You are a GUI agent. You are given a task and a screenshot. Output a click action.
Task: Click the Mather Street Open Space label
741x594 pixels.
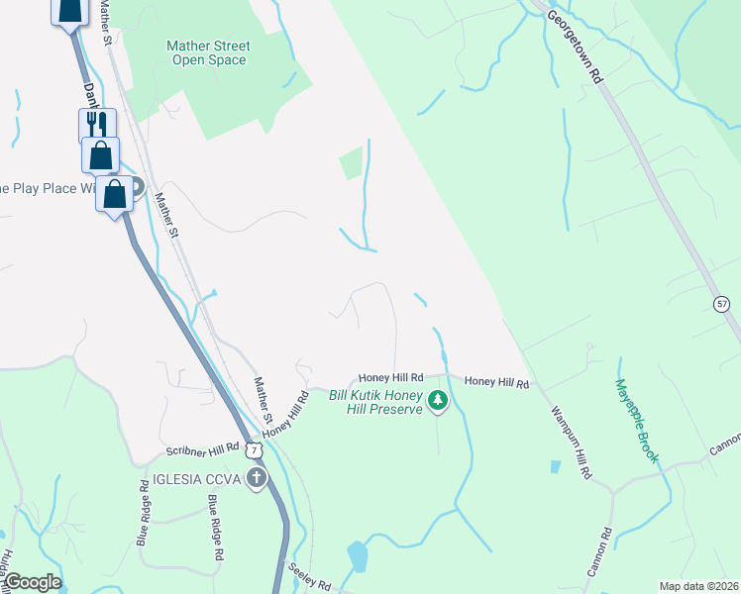[208, 52]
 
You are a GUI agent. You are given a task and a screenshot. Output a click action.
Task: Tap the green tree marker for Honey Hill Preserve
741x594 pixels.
[438, 401]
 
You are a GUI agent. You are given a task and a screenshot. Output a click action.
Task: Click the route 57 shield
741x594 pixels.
[722, 303]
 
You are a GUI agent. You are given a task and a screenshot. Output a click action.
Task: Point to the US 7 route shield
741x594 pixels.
[257, 450]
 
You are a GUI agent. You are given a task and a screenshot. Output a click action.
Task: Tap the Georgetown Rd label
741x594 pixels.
[577, 46]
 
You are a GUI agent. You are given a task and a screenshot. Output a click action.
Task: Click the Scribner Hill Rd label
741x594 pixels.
[203, 449]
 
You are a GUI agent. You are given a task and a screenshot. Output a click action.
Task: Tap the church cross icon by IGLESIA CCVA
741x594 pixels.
[257, 480]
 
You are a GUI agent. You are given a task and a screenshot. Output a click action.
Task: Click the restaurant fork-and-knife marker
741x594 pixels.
[97, 125]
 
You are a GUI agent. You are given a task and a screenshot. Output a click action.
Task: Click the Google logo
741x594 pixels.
[33, 582]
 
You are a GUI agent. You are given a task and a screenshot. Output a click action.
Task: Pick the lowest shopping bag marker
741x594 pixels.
[115, 193]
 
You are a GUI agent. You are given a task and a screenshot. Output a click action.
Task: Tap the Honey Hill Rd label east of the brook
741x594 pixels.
[496, 382]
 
